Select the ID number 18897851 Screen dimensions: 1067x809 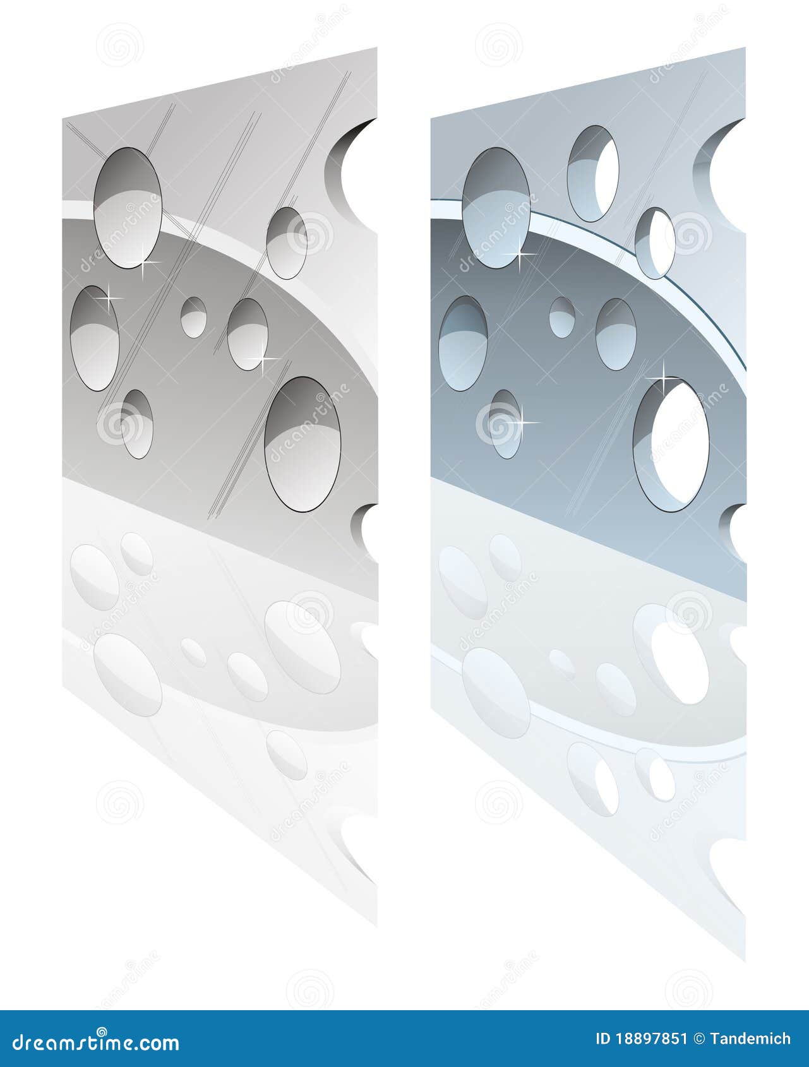(651, 1039)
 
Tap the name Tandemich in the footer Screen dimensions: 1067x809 (750, 1039)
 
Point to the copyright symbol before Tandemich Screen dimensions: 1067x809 (698, 1039)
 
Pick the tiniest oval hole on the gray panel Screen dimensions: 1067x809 (193, 317)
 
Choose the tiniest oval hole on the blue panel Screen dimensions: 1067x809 (561, 317)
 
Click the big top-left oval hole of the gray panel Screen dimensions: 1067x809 (128, 207)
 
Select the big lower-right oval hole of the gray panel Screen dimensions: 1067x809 (303, 444)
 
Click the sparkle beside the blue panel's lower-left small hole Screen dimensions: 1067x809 (524, 422)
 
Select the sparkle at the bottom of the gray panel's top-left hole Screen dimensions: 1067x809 (142, 262)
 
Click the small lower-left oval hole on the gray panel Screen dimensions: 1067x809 (137, 423)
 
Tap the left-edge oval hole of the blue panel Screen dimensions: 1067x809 (463, 343)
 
